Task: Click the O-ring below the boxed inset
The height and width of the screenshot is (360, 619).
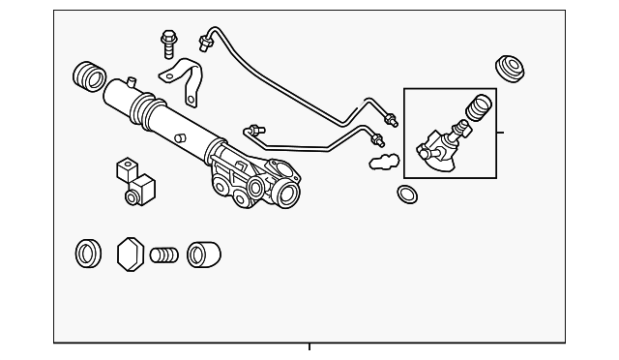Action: [408, 194]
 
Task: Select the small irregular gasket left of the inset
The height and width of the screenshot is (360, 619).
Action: [383, 160]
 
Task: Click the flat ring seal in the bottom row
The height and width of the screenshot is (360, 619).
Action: [89, 255]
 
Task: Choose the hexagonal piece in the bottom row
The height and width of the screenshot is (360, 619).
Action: [130, 255]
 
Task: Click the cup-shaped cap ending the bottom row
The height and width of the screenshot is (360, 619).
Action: [203, 255]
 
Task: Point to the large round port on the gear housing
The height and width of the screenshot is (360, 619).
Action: [284, 192]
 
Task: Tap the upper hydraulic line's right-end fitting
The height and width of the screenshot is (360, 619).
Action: [392, 120]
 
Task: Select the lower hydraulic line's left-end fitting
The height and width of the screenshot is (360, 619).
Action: [255, 130]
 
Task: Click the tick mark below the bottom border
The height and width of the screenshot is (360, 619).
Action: [309, 347]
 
